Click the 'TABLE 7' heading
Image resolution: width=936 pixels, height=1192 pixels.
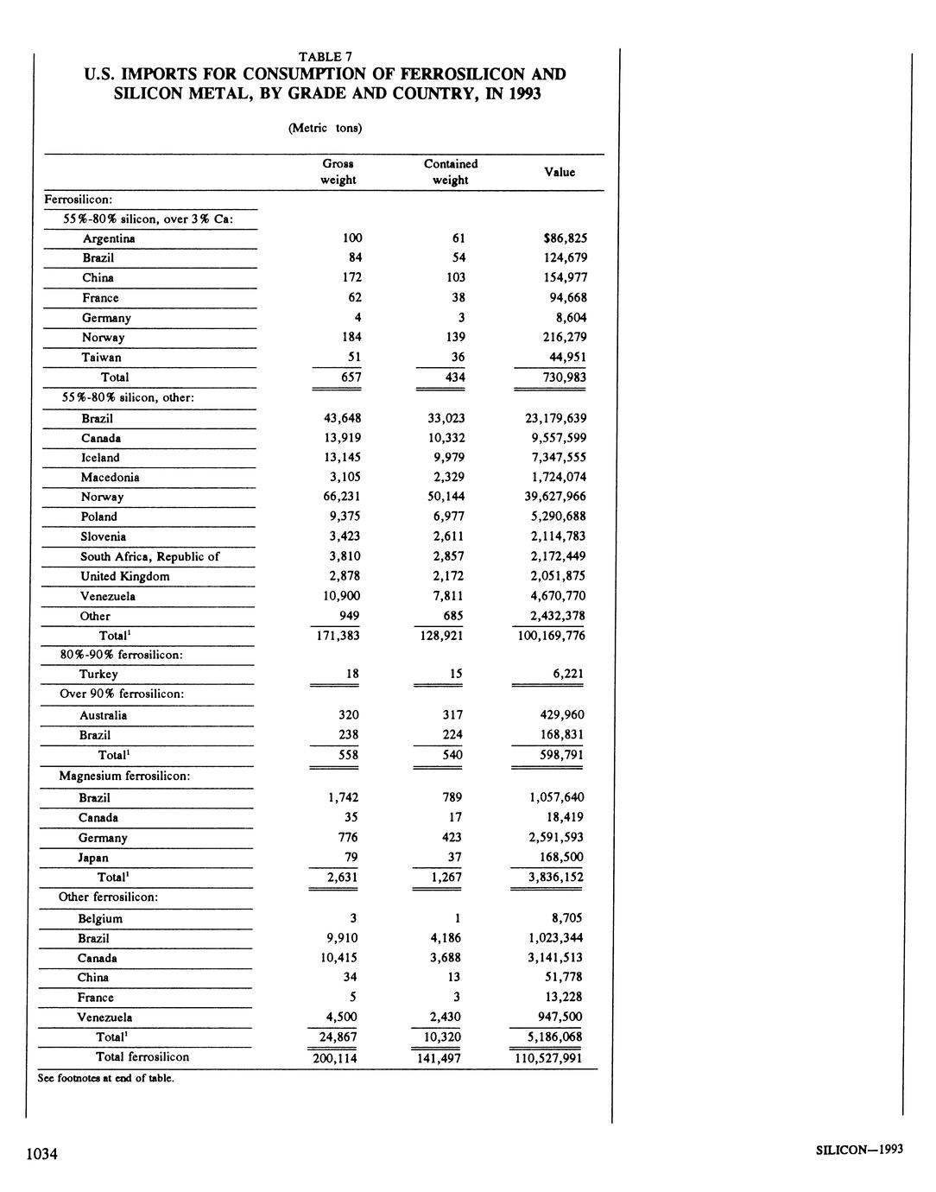tap(325, 57)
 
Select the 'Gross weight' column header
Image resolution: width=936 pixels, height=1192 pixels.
tap(338, 172)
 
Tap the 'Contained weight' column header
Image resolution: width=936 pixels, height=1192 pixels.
tap(451, 172)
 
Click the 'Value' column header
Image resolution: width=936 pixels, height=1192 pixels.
tap(560, 172)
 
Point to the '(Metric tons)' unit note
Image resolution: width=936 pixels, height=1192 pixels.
tap(325, 128)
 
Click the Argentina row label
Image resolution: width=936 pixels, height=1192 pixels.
tap(109, 238)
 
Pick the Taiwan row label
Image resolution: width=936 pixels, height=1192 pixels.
tap(102, 358)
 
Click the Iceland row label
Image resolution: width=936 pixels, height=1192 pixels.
tap(100, 458)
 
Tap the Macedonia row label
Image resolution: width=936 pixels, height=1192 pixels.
tap(110, 478)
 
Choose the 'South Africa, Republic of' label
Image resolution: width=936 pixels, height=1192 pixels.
tap(149, 557)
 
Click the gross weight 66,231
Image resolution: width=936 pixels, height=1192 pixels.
tap(342, 497)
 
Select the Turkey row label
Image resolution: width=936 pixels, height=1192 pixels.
tap(98, 675)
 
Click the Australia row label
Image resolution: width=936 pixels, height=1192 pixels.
tap(103, 715)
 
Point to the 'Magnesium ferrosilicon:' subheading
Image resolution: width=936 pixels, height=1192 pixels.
tap(124, 776)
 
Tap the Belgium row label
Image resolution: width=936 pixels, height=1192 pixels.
tap(100, 919)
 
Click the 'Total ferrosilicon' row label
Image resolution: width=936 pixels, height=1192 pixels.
tap(142, 1057)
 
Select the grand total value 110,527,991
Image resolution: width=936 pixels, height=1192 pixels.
tap(547, 1058)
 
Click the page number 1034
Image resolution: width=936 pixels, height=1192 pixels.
tap(41, 1154)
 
